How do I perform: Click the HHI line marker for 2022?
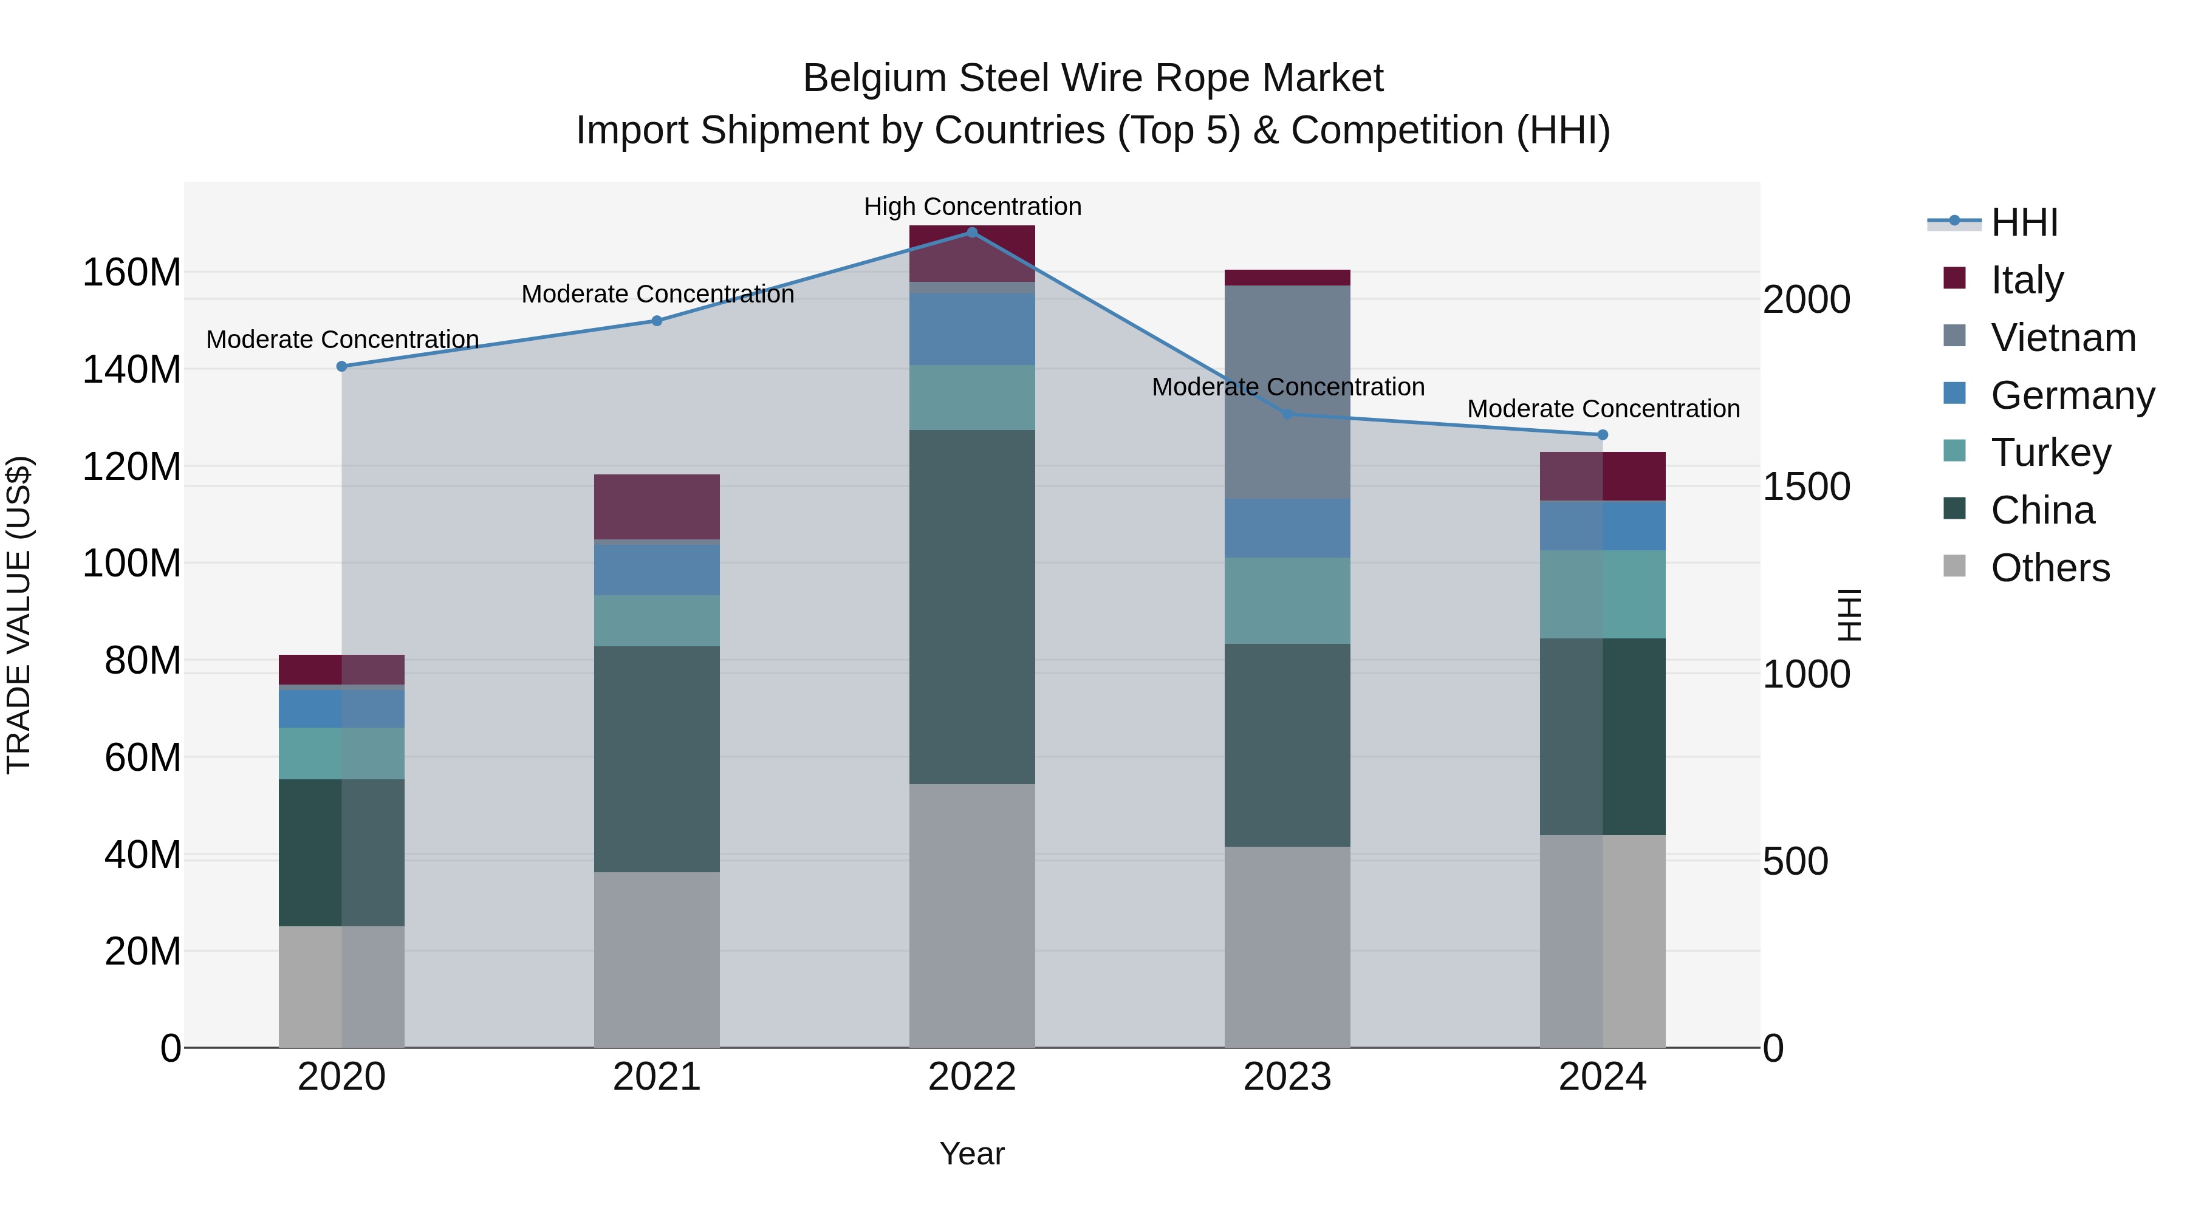tap(972, 232)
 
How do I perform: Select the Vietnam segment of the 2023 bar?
tap(1287, 392)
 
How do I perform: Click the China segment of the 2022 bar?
tap(972, 607)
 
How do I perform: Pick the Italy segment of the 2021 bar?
tap(656, 507)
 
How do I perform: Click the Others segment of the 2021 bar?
tap(656, 959)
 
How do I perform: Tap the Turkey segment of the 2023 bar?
tap(1287, 601)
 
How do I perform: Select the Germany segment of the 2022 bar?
tap(972, 329)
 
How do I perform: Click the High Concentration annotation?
tap(972, 207)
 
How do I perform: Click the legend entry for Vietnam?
tap(2062, 338)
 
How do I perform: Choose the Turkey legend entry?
tap(2050, 453)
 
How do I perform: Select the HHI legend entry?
tap(2024, 222)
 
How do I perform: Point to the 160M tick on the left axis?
tap(132, 273)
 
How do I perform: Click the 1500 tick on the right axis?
tap(1807, 487)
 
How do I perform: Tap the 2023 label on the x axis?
tap(1287, 1077)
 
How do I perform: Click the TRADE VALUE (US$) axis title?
tap(19, 615)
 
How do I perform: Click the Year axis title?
tap(972, 1153)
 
